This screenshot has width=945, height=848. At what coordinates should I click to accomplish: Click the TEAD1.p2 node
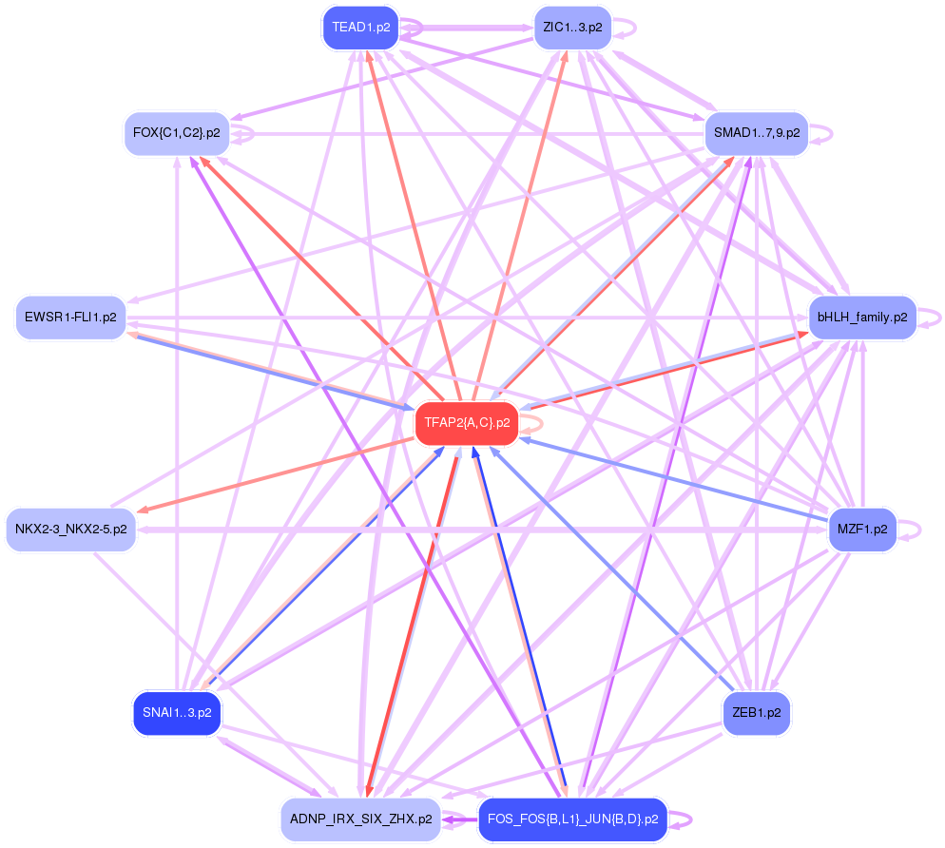[361, 27]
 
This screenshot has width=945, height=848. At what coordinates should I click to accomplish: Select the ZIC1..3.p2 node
[572, 27]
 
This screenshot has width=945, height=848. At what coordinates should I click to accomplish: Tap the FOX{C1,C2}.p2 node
[177, 133]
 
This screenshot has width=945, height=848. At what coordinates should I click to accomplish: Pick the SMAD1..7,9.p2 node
[756, 133]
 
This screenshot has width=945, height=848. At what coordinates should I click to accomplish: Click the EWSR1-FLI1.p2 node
[71, 317]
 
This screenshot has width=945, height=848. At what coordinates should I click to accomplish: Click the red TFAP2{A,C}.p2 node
[466, 423]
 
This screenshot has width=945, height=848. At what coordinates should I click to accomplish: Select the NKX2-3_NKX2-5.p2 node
[71, 529]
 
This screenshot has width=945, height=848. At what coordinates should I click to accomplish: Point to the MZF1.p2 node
[862, 529]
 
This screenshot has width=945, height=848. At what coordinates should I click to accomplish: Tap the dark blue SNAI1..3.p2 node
[177, 712]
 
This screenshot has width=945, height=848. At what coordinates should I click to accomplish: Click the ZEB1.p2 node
[757, 712]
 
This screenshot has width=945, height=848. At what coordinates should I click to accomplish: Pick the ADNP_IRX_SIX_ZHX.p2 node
[360, 819]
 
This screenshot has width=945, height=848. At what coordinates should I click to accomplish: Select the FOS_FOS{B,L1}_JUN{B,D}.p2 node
[572, 819]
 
